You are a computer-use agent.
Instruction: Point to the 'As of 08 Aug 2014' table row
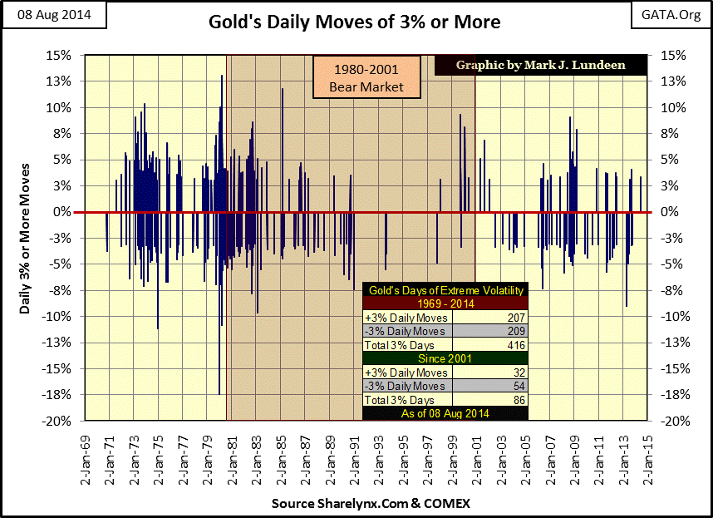coord(445,412)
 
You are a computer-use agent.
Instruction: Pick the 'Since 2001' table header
coord(445,358)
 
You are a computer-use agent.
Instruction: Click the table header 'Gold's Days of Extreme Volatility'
coord(445,290)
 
